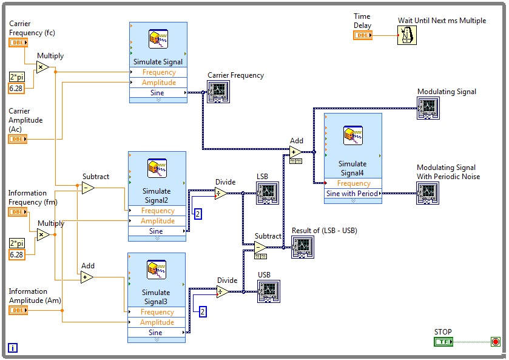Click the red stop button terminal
click(x=495, y=342)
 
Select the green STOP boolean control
click(x=443, y=342)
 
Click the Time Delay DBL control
click(x=363, y=35)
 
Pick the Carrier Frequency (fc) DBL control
click(x=18, y=42)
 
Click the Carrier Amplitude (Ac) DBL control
click(x=18, y=139)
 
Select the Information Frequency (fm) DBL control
click(x=18, y=212)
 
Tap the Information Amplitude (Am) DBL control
click(x=18, y=310)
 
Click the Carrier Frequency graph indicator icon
click(x=218, y=92)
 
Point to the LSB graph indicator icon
click(x=267, y=193)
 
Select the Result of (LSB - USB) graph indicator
click(x=302, y=246)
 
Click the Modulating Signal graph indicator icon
click(x=428, y=108)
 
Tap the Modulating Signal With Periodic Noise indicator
click(x=427, y=192)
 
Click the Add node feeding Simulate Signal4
click(x=295, y=152)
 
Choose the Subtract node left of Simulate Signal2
click(x=88, y=188)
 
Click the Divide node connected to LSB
click(x=221, y=193)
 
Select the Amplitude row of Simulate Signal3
click(x=157, y=322)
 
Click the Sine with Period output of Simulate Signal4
click(x=352, y=194)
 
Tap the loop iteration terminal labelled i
click(x=13, y=348)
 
